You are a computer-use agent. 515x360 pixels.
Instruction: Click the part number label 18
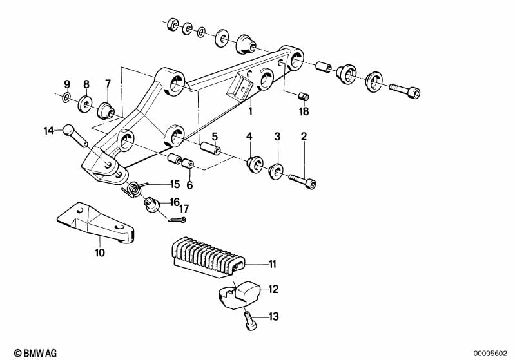point(304,111)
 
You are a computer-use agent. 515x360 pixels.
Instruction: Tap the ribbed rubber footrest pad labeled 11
point(208,258)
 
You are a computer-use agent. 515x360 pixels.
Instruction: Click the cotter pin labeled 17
point(178,220)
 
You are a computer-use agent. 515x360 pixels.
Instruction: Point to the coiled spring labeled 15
point(133,189)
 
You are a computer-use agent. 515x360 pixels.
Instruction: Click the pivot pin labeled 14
point(75,135)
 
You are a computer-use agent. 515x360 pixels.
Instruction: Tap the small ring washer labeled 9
point(66,97)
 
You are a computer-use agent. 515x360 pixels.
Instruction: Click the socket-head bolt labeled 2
point(302,181)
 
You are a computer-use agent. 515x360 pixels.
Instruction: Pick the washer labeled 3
point(275,171)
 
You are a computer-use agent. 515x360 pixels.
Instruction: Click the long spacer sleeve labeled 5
point(211,148)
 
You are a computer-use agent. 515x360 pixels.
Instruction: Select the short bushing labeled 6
point(188,163)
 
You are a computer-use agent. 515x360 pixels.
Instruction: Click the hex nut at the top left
point(173,24)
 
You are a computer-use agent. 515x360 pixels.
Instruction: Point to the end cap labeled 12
point(239,295)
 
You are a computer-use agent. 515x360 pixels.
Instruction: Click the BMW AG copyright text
point(35,353)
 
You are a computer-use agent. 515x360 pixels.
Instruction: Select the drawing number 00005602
point(490,354)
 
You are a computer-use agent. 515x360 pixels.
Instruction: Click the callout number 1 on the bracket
point(250,111)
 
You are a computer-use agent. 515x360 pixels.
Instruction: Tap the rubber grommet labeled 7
point(106,111)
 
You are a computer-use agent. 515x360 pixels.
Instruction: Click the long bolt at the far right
point(405,90)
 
